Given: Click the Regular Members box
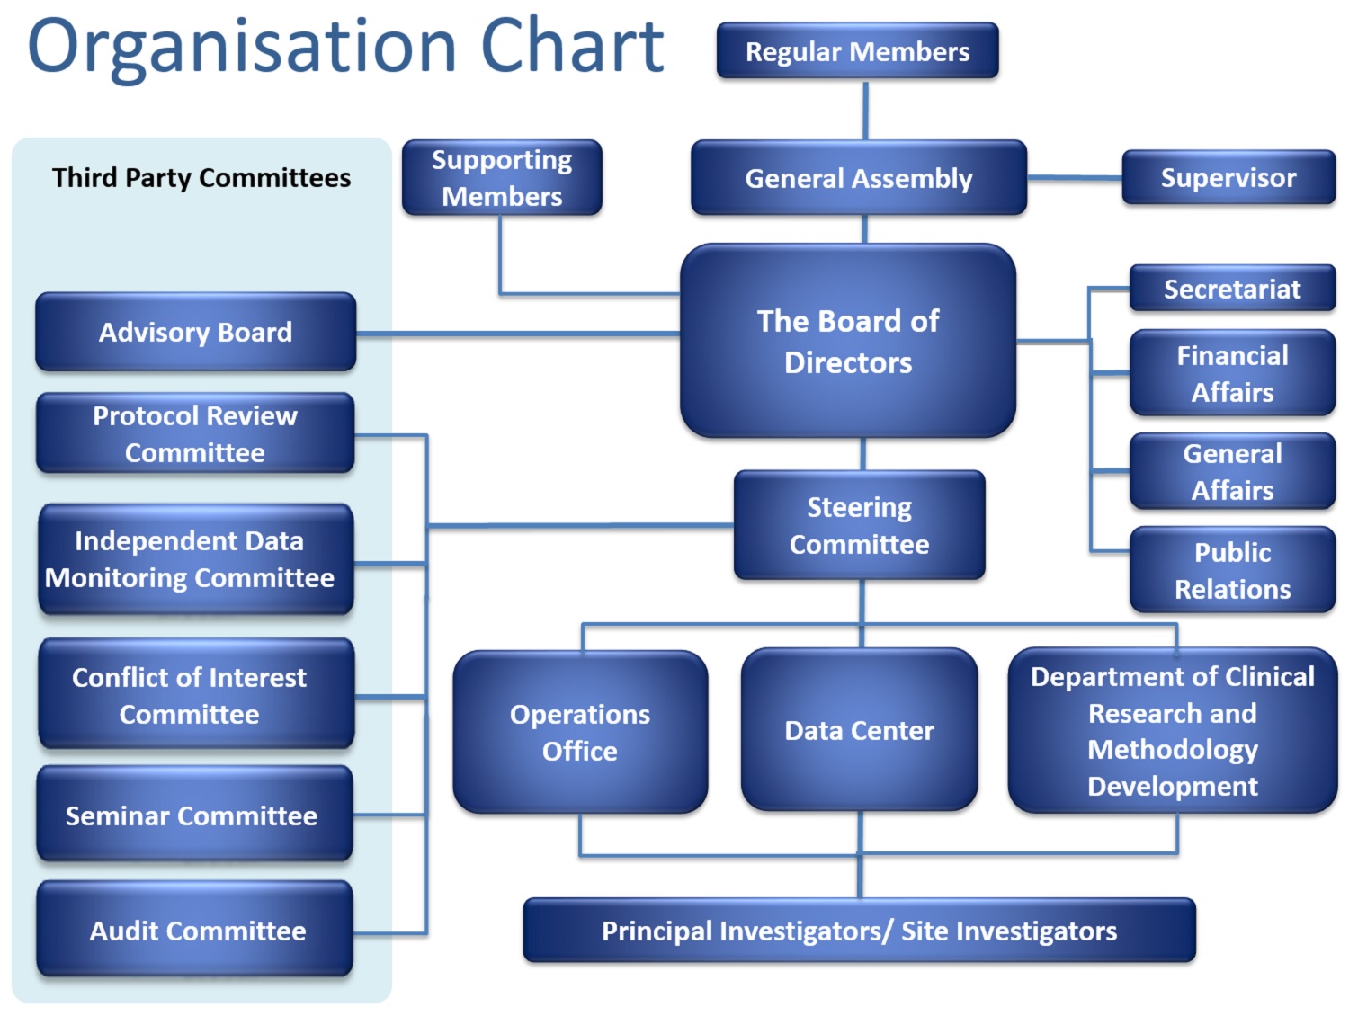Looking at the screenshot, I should click(857, 51).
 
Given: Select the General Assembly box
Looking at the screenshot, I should click(858, 178).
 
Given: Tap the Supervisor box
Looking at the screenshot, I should click(1228, 178).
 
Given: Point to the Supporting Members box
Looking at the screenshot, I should click(502, 178).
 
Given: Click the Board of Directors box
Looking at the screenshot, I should click(848, 342).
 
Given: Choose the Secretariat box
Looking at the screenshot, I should click(1231, 289).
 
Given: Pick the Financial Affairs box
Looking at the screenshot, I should click(1232, 373).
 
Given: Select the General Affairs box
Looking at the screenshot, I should click(1232, 471).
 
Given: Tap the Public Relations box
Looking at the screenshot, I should click(1232, 570).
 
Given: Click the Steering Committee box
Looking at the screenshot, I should click(859, 525).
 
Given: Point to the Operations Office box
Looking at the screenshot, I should click(580, 732).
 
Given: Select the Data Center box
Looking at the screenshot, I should click(859, 730).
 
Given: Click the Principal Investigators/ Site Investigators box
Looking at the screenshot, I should click(859, 931).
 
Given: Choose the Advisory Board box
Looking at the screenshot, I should click(195, 332).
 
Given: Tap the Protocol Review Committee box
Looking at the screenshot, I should click(195, 433).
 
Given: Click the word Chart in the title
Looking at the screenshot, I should click(572, 47).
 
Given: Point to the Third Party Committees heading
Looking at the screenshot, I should click(201, 178).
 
